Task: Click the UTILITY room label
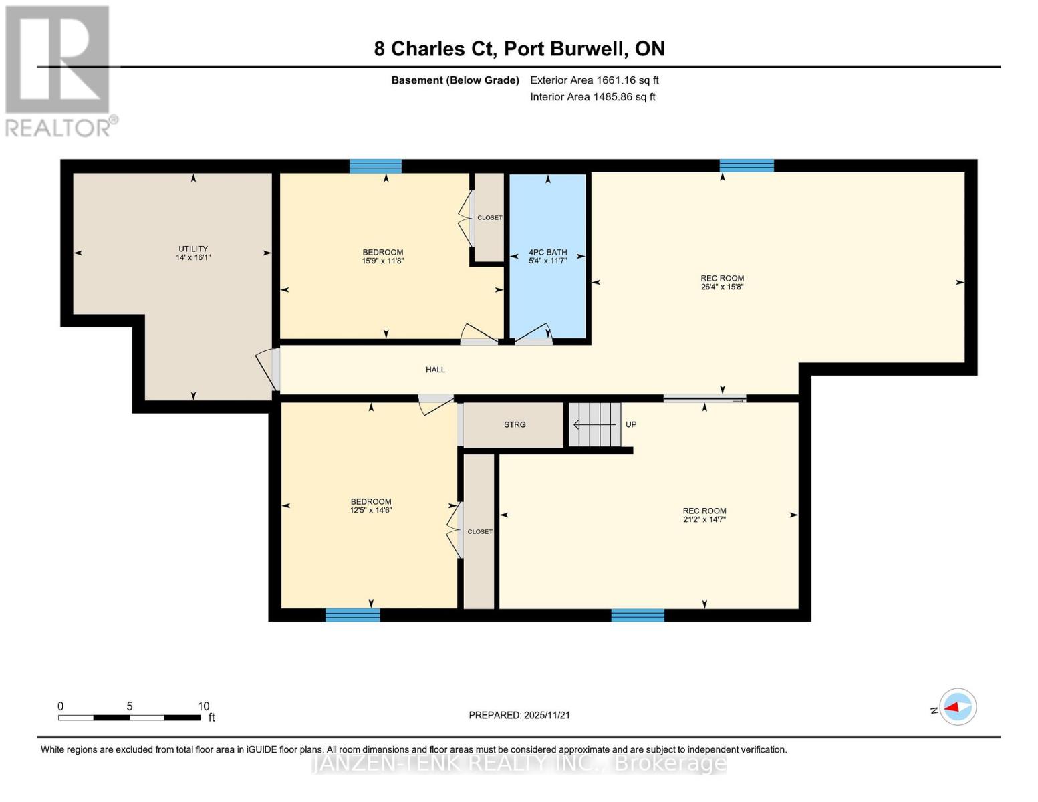tap(193, 249)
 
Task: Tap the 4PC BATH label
tap(547, 252)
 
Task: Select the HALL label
tap(435, 370)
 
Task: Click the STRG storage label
tap(515, 424)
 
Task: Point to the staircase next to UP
tap(595, 424)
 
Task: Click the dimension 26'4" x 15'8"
tap(722, 287)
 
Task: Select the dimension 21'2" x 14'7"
tap(704, 519)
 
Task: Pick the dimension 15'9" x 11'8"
tap(383, 261)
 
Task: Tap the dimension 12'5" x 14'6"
tap(371, 510)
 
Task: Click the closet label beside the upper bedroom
tap(489, 218)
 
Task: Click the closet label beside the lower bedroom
tap(480, 532)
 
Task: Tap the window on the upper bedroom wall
tap(376, 166)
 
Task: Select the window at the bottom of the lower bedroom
tap(352, 615)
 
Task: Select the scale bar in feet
tap(129, 718)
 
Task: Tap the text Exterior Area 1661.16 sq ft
tap(594, 80)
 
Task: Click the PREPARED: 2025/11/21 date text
tap(519, 715)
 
